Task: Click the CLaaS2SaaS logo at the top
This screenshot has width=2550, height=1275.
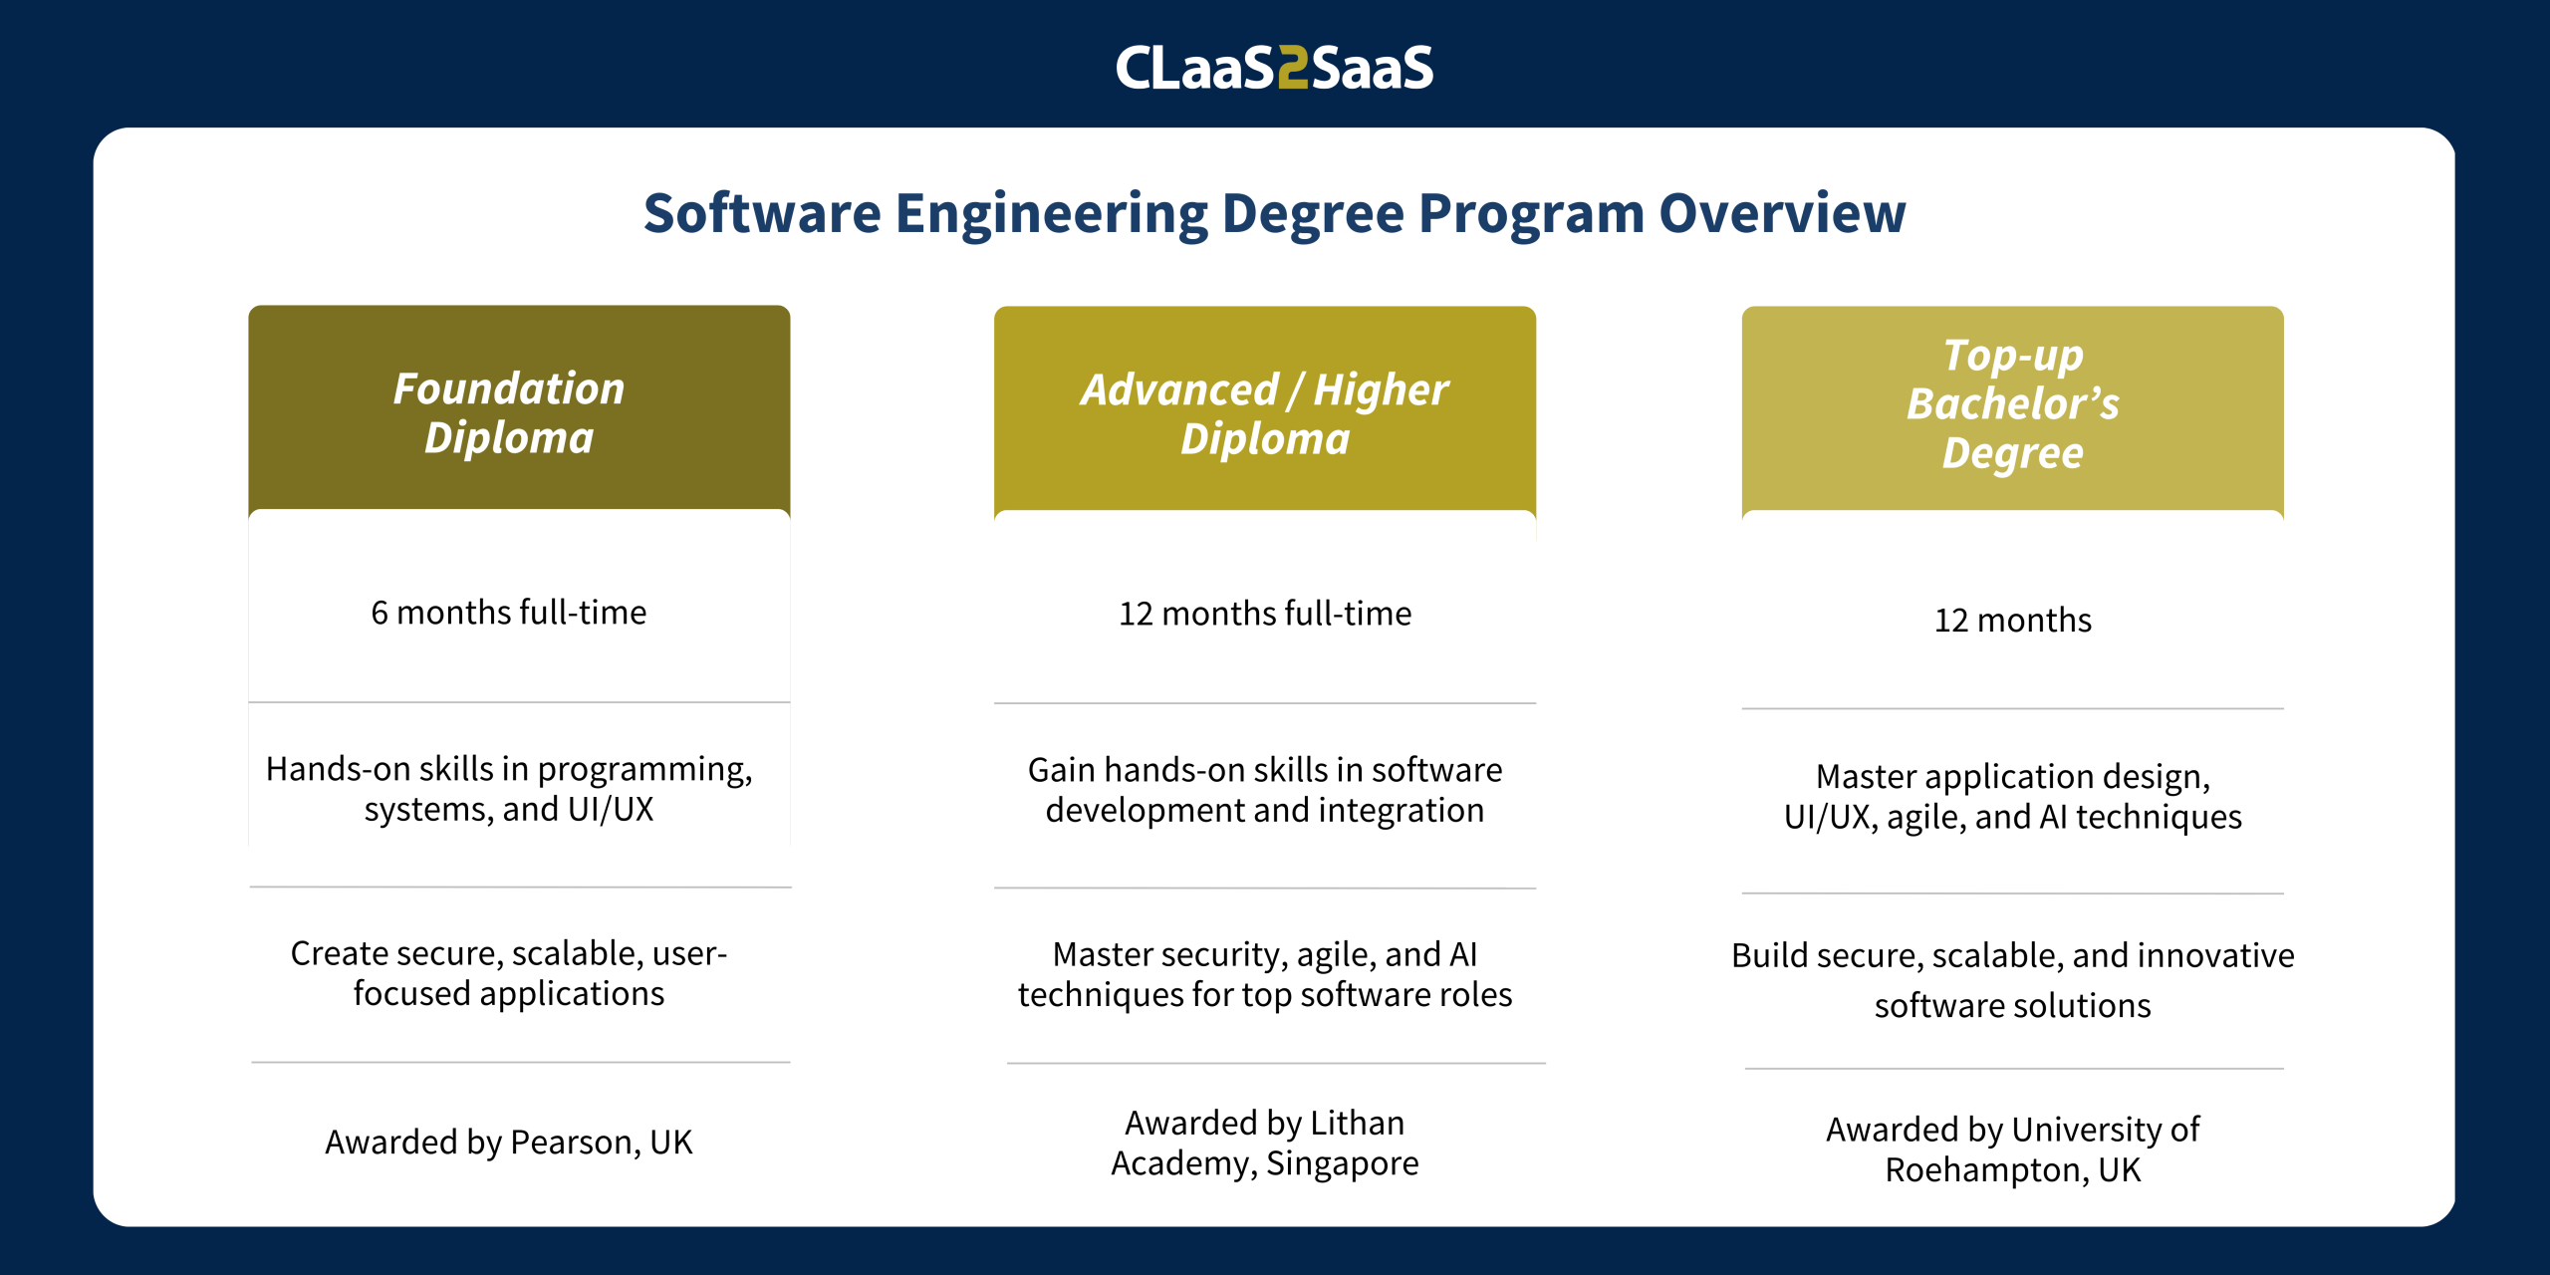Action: (x=1274, y=68)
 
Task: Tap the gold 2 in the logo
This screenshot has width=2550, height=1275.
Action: (x=1293, y=68)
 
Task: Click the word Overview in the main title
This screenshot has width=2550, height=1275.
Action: (x=1782, y=213)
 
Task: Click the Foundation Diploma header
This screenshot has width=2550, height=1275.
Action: (x=509, y=412)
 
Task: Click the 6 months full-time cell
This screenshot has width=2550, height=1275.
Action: (x=509, y=612)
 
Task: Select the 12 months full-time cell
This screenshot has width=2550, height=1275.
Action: (x=1265, y=613)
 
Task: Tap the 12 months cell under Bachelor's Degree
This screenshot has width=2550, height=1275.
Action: (x=2013, y=620)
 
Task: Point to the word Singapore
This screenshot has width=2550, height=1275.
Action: (x=1343, y=1163)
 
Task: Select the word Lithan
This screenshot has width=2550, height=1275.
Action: (x=1357, y=1123)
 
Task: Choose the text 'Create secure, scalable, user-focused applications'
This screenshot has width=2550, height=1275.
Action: (x=509, y=973)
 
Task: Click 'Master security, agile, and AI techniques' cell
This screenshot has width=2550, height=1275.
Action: (x=1265, y=974)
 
